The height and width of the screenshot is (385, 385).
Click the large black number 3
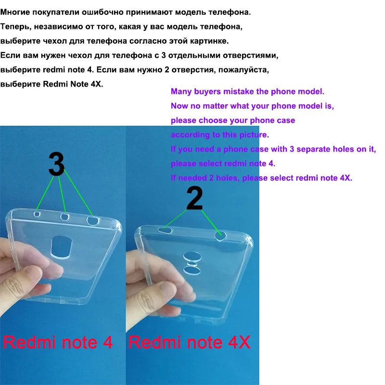pos(56,165)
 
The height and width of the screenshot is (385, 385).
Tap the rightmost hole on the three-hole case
pos(92,221)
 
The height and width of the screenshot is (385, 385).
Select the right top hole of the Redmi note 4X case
pos(220,235)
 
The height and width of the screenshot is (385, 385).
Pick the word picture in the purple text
pos(254,135)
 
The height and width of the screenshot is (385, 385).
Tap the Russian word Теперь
pos(16,26)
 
